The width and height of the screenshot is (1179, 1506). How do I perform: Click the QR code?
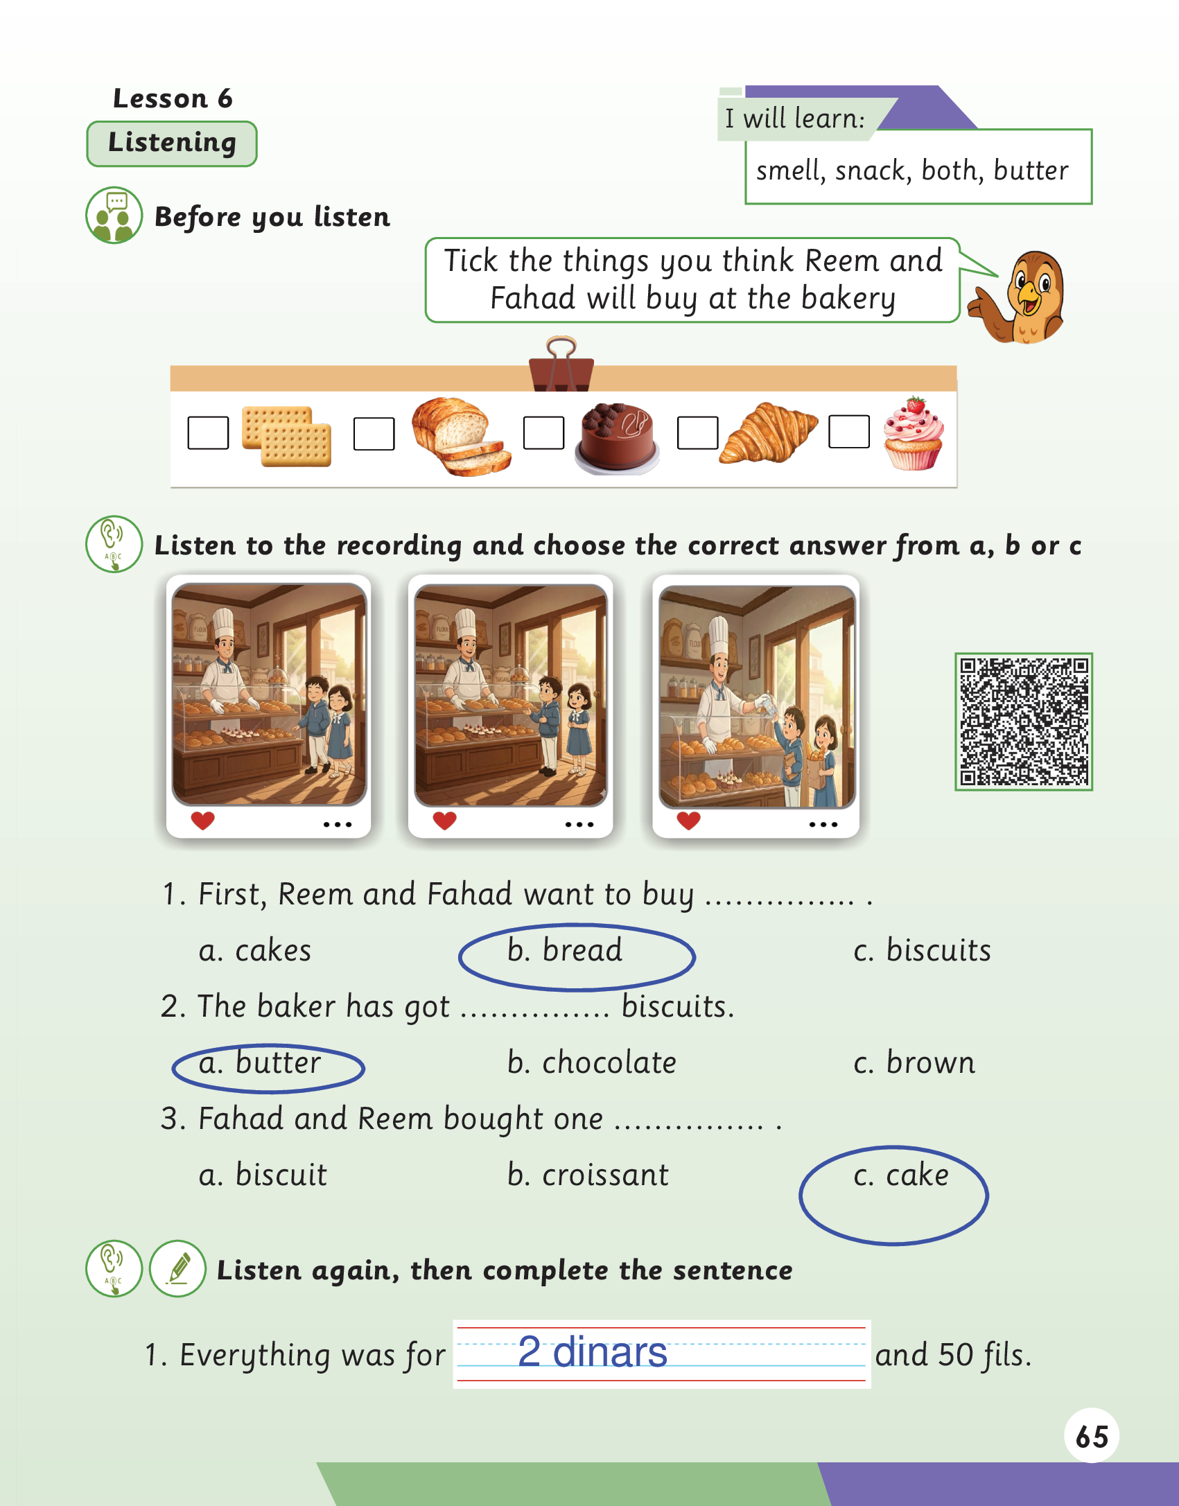1023,721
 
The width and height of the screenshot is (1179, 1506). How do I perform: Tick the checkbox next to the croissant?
697,433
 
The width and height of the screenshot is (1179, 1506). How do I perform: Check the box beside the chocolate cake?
543,433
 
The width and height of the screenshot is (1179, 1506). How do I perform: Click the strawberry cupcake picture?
914,434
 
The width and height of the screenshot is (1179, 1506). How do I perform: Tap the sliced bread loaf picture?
460,435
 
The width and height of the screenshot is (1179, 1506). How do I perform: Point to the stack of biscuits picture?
286,436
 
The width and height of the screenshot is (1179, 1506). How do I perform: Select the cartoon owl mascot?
1018,297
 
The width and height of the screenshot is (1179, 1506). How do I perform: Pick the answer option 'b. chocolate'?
591,1062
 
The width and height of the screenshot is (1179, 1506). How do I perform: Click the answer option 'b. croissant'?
588,1175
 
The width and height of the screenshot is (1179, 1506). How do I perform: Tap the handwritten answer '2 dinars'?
593,1351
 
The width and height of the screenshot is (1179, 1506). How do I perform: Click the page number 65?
1092,1437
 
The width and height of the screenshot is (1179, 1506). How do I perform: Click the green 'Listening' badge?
172,143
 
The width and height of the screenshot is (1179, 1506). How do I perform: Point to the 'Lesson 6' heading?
173,98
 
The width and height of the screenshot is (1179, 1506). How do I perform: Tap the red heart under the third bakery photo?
688,821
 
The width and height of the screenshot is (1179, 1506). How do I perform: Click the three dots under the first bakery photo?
338,825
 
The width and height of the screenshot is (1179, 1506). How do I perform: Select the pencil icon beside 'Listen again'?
177,1268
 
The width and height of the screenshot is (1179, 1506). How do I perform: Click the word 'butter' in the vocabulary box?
1031,170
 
